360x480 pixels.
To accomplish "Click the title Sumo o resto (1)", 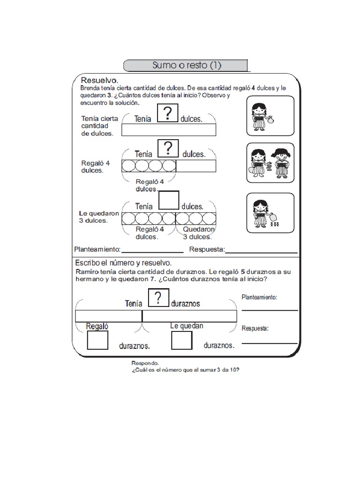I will (x=186, y=66).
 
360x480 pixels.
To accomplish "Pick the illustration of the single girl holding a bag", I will (x=270, y=115).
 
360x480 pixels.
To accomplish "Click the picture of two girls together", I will (x=270, y=163).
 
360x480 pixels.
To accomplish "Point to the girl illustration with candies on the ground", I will (x=270, y=213).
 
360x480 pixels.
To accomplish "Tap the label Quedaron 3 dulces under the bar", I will (x=199, y=233).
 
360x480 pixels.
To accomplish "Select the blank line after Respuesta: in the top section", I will (x=261, y=252).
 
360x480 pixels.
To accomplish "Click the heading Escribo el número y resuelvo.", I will (x=123, y=263).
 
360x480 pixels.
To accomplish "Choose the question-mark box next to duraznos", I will (x=159, y=299).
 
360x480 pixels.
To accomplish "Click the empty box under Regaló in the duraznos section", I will (x=98, y=340).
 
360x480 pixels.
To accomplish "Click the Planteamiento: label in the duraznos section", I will (x=259, y=297).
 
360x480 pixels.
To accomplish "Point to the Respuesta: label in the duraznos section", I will (x=255, y=329).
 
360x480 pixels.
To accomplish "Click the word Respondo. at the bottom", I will (x=145, y=363).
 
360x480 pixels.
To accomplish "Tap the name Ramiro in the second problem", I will (x=87, y=272).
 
